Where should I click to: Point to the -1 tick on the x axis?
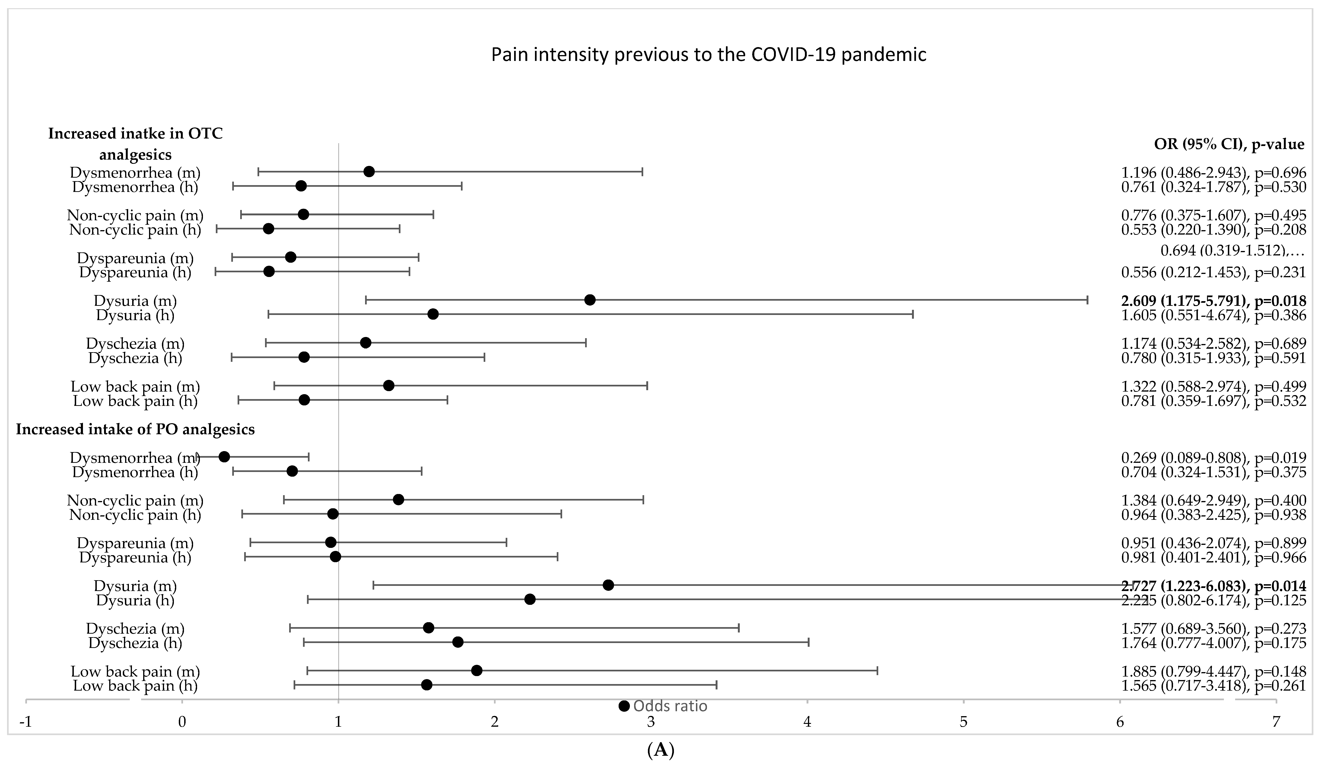tap(25, 722)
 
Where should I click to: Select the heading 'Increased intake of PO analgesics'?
tap(135, 430)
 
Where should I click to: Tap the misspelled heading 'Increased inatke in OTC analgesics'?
tap(135, 144)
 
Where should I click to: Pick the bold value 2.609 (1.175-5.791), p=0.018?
tap(1213, 301)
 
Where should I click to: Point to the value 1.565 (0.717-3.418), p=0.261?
tap(1213, 686)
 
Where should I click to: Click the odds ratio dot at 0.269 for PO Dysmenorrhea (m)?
tap(224, 457)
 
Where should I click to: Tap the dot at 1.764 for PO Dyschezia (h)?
tap(458, 642)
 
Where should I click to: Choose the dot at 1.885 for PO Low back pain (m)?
tap(477, 670)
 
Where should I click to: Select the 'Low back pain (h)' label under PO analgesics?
tap(135, 686)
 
